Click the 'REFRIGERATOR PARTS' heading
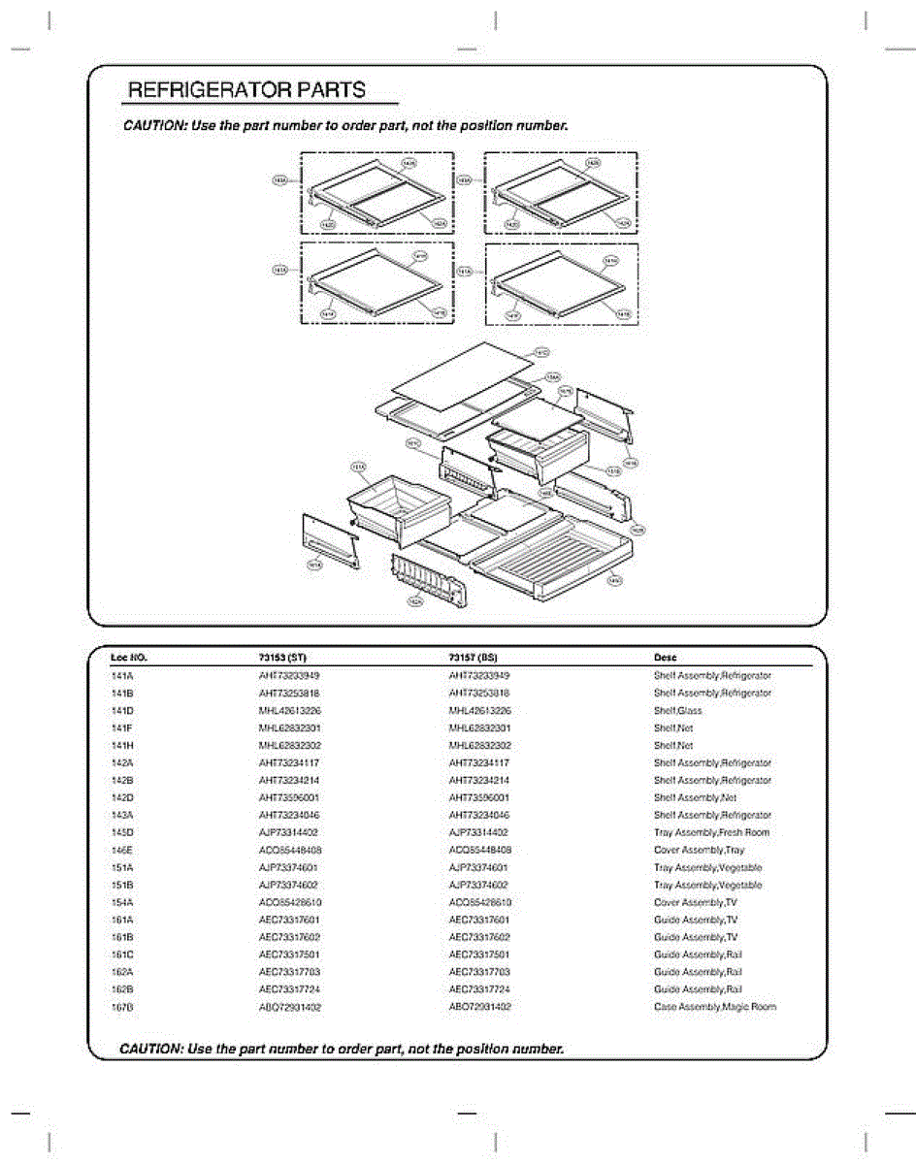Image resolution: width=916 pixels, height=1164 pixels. click(247, 91)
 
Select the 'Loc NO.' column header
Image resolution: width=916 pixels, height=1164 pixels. click(129, 658)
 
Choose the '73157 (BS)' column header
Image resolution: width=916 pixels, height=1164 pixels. click(474, 658)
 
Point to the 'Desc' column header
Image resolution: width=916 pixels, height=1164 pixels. click(666, 658)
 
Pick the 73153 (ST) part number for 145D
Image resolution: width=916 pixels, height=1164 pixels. click(288, 833)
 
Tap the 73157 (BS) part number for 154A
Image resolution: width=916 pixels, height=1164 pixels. click(479, 903)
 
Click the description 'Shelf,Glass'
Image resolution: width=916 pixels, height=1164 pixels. click(677, 711)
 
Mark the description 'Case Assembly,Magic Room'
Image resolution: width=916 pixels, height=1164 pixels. click(714, 1007)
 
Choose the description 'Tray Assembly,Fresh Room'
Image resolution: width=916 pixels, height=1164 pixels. click(711, 833)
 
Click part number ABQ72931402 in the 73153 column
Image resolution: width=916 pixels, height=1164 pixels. click(289, 1007)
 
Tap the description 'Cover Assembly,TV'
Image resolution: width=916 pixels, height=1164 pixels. click(697, 903)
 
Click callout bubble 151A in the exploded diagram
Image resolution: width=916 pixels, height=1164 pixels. click(357, 468)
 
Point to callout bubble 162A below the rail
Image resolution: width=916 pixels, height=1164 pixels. click(414, 601)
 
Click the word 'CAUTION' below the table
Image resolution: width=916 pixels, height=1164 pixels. click(150, 1050)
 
